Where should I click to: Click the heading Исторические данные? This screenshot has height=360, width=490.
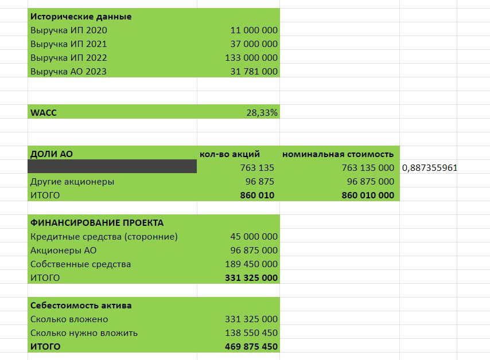(80, 17)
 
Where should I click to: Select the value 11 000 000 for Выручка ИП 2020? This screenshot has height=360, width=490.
(254, 30)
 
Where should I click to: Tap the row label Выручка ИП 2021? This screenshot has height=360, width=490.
(68, 44)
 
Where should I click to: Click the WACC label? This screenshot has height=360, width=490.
(43, 113)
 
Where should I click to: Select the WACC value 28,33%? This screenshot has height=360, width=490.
(262, 113)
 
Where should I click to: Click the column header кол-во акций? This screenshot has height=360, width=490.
(230, 154)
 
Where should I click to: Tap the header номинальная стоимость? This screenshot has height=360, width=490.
(337, 154)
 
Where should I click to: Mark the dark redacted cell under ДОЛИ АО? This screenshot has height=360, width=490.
(112, 167)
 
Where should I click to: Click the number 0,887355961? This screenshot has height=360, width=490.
(430, 168)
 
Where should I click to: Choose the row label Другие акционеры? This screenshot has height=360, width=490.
(72, 182)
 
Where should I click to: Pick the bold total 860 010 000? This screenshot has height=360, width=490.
(360, 195)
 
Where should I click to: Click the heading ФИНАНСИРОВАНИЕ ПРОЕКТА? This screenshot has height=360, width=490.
(96, 223)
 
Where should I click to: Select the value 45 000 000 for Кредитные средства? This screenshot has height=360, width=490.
(254, 237)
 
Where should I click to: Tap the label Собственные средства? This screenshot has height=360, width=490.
(80, 264)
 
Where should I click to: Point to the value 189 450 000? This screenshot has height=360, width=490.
(251, 264)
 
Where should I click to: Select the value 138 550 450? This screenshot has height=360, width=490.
(251, 333)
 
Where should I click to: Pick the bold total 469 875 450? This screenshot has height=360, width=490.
(251, 347)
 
